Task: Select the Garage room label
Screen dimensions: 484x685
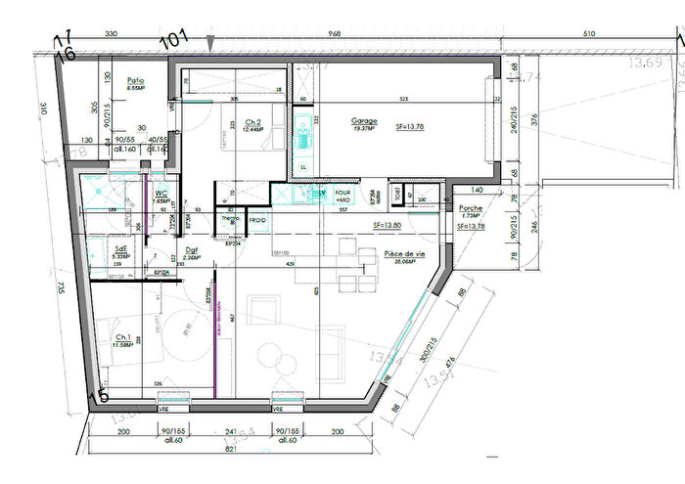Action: pyautogui.click(x=364, y=122)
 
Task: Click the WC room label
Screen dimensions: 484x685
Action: pyautogui.click(x=160, y=194)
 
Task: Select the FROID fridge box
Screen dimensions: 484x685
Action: pyautogui.click(x=257, y=221)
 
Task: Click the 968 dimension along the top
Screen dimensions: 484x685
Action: pyautogui.click(x=335, y=34)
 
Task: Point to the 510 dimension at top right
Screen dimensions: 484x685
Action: pyautogui.click(x=588, y=34)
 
